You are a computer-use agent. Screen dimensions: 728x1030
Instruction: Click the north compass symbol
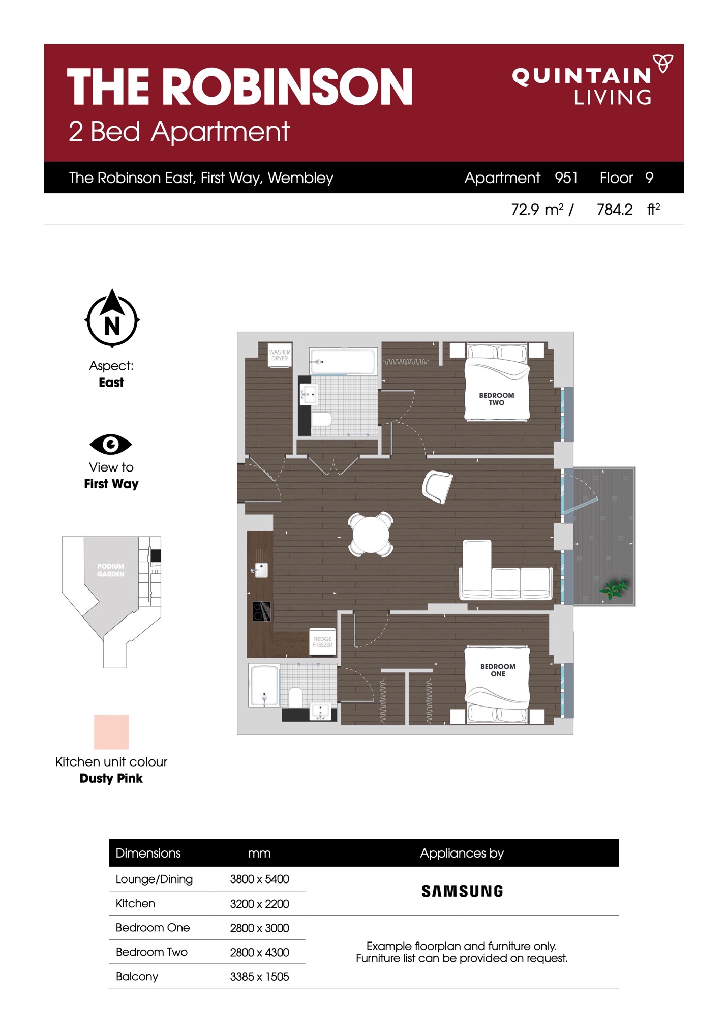[112, 319]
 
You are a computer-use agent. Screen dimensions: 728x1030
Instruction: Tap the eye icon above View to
[111, 444]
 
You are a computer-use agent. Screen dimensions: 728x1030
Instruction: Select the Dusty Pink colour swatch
[111, 731]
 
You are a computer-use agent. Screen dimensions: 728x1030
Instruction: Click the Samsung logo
[462, 891]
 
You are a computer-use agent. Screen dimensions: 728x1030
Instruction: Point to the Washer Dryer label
[280, 355]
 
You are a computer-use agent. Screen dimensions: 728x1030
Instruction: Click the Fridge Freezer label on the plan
[322, 642]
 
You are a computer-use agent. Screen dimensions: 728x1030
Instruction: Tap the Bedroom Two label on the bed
[497, 399]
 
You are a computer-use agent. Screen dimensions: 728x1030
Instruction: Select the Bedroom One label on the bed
[498, 670]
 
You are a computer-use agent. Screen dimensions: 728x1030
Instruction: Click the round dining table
[371, 534]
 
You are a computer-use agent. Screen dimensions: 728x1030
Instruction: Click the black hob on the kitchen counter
[262, 611]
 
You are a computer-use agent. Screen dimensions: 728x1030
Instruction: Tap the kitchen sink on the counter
[260, 570]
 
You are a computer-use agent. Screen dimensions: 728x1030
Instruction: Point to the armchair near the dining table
[437, 487]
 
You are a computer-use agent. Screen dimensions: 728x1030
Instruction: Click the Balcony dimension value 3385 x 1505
[259, 976]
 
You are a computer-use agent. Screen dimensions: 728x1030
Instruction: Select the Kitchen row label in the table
[135, 903]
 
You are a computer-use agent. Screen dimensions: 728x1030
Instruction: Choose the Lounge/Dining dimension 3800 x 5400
[259, 879]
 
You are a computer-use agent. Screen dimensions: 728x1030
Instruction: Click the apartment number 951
[566, 178]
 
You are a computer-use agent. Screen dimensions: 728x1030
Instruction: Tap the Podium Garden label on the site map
[111, 570]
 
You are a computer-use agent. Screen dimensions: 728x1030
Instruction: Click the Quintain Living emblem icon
[663, 63]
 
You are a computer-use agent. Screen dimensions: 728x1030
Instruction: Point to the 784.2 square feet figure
[615, 209]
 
